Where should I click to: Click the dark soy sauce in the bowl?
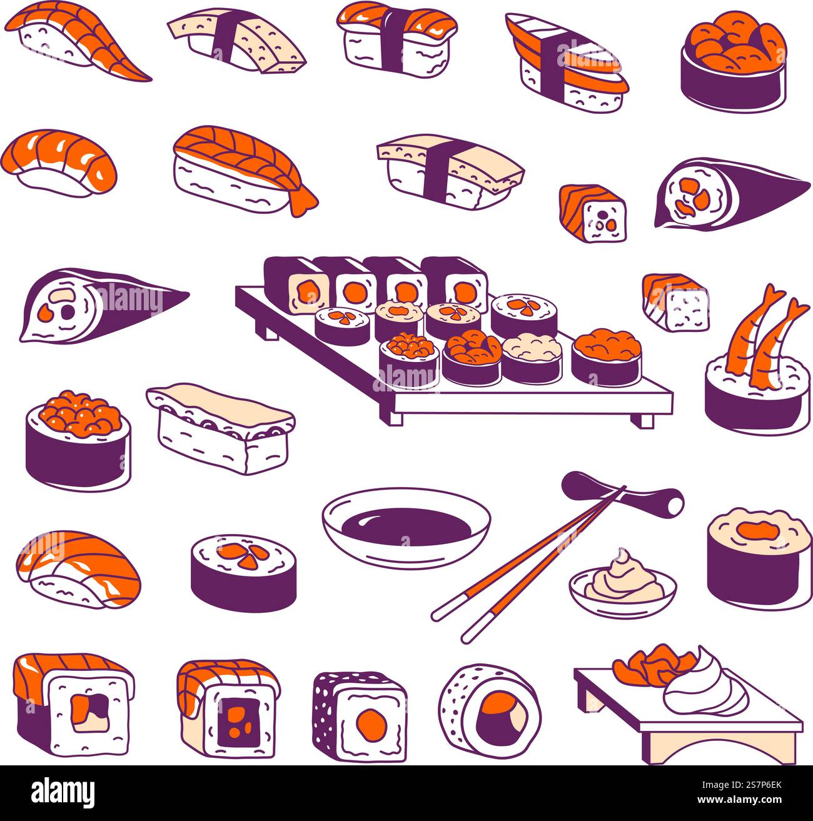(406, 526)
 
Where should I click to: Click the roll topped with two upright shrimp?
(757, 375)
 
